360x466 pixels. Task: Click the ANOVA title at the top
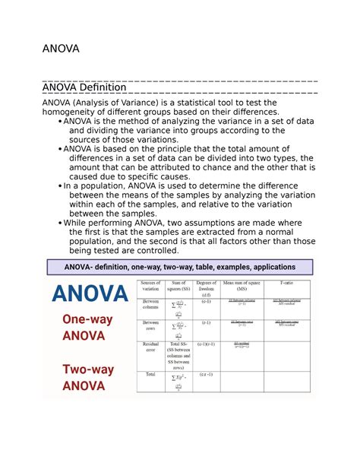(65, 50)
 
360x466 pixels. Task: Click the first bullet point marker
(60, 121)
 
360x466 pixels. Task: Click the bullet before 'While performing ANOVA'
(60, 223)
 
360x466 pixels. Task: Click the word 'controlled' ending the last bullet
(152, 251)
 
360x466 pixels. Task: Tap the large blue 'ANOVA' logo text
(89, 293)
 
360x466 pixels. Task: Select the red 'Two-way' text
(89, 370)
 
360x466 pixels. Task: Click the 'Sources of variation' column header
(152, 285)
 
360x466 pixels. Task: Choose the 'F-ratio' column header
(286, 283)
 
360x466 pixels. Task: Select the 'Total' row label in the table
(150, 374)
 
